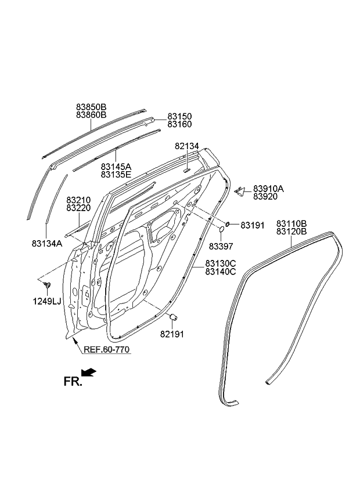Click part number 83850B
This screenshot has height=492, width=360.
[91, 107]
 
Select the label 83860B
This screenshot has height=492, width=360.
[91, 115]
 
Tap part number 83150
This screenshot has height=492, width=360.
[179, 117]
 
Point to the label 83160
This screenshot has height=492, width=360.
[179, 124]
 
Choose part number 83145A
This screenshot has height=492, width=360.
[116, 166]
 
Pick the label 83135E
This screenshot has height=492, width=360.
[116, 174]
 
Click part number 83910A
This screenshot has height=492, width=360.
[268, 189]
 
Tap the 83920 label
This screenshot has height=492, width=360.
[265, 197]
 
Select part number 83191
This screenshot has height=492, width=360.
[253, 225]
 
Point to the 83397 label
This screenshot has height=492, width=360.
[221, 246]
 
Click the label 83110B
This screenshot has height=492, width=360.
[291, 224]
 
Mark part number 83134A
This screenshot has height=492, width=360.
[47, 244]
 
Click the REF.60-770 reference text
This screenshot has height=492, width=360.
[106, 349]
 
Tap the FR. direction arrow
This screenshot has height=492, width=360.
[89, 372]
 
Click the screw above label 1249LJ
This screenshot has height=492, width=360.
[47, 284]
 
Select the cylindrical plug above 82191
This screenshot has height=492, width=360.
[172, 317]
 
